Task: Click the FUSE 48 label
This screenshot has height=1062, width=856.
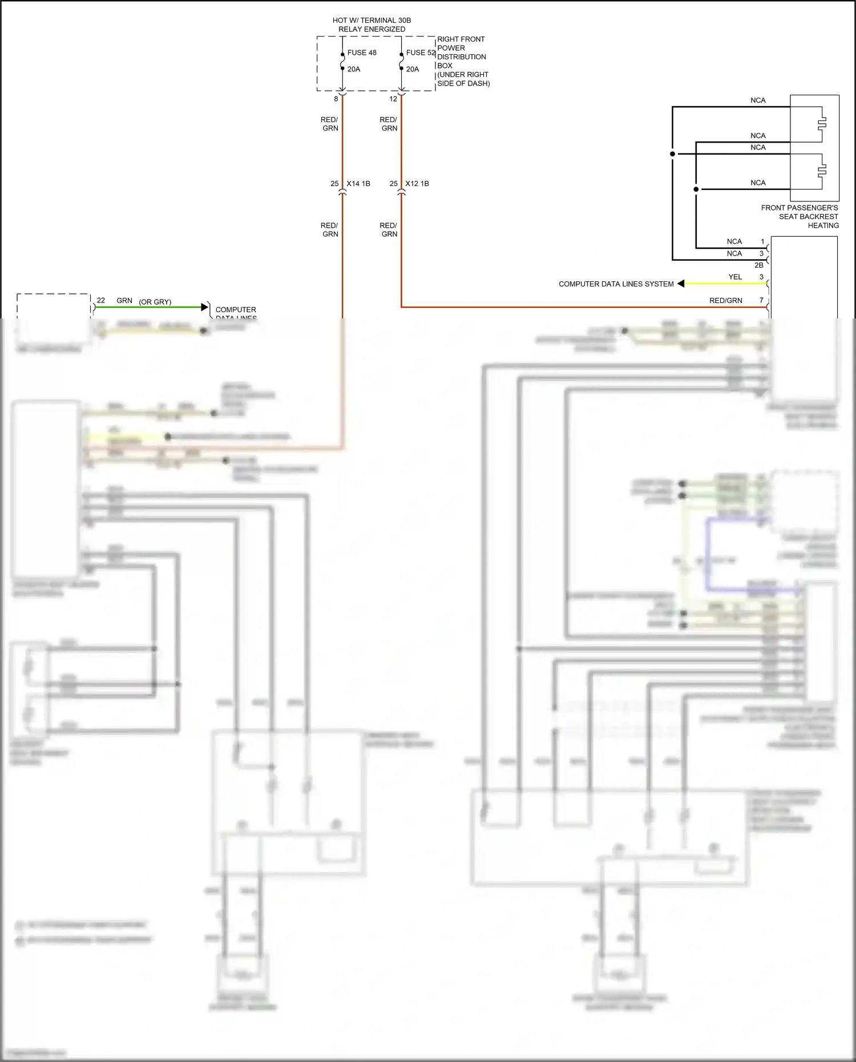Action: point(362,53)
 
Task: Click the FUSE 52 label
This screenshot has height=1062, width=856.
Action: point(421,53)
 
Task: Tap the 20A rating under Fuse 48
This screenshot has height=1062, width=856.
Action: point(354,69)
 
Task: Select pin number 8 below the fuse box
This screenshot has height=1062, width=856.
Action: point(336,99)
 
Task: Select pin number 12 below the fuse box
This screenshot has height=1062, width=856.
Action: point(393,99)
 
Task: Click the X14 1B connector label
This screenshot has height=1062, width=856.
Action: point(358,184)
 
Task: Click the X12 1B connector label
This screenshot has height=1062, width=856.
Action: point(417,184)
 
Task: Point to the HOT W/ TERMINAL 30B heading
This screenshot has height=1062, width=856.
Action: point(372,21)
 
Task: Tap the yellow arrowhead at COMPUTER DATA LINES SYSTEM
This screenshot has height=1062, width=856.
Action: point(681,284)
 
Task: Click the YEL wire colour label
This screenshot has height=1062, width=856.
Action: point(735,277)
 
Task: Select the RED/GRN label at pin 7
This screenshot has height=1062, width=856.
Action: point(726,300)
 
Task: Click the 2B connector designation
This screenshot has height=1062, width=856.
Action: point(758,265)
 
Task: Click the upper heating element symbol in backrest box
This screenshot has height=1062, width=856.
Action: point(822,123)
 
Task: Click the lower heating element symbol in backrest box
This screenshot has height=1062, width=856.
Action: point(822,171)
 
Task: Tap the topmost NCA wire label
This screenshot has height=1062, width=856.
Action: point(758,100)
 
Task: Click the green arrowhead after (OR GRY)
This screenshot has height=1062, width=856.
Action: point(205,307)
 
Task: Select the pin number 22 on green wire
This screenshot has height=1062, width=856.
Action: point(101,300)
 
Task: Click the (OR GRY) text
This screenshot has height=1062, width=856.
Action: point(155,302)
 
